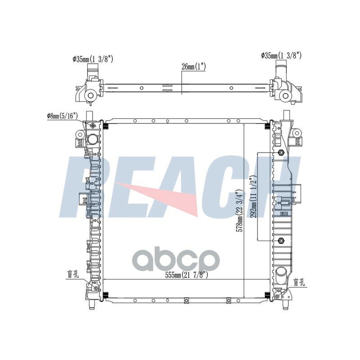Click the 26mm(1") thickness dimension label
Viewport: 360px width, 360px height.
193,67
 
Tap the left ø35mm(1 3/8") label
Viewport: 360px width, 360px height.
93,59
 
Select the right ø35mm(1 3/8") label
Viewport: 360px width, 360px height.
281,55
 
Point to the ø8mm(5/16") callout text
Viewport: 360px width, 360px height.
62,116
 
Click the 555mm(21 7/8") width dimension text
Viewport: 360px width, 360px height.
187,275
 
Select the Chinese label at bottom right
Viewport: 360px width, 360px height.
299,283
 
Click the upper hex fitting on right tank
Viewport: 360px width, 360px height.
280,152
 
